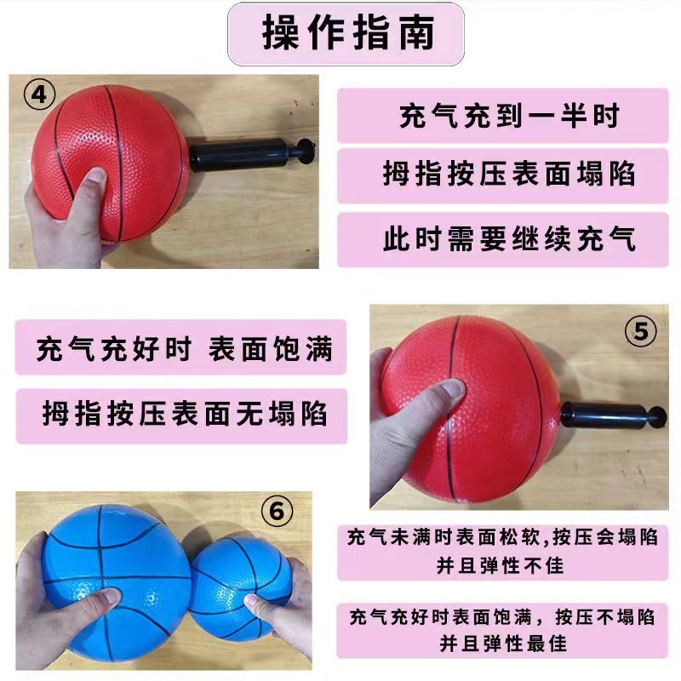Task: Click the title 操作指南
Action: (347, 34)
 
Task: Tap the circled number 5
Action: (640, 331)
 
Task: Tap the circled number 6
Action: (275, 512)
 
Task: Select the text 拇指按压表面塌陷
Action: (508, 175)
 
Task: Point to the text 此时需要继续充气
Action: (508, 237)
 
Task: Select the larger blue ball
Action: (111, 562)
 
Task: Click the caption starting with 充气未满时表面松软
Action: (501, 551)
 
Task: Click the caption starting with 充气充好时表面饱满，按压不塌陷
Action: (501, 628)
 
